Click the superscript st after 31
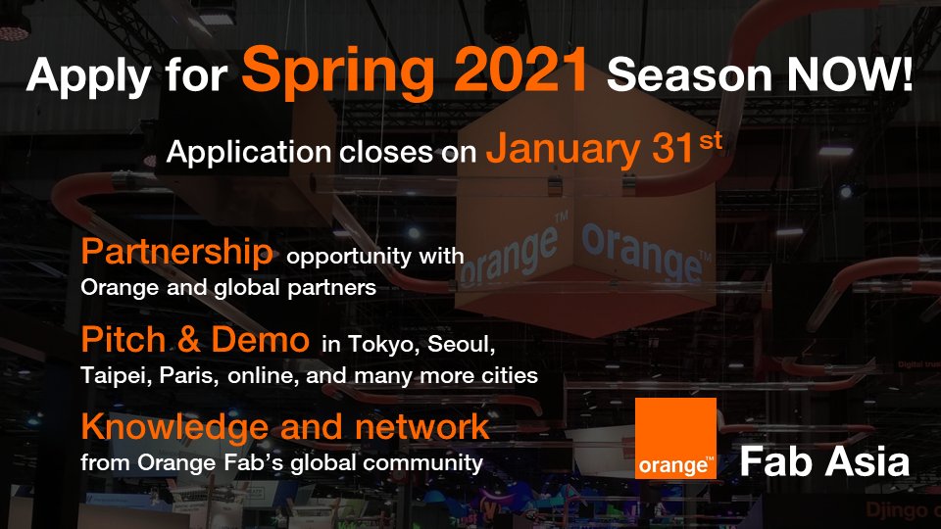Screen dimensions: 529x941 [710, 140]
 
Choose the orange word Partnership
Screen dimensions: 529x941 [176, 253]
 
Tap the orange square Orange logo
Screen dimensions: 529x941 [675, 438]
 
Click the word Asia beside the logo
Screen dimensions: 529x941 [864, 461]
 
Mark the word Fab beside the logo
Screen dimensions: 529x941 [774, 461]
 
